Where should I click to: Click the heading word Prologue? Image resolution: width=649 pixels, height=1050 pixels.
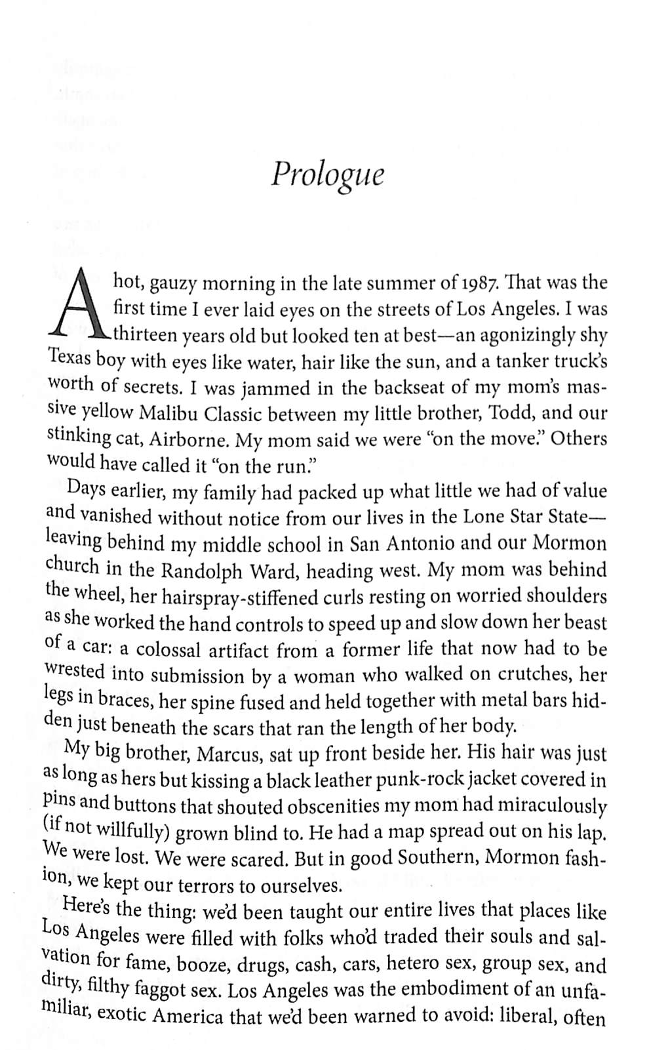328,175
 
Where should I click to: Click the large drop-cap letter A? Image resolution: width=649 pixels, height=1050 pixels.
79,308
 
